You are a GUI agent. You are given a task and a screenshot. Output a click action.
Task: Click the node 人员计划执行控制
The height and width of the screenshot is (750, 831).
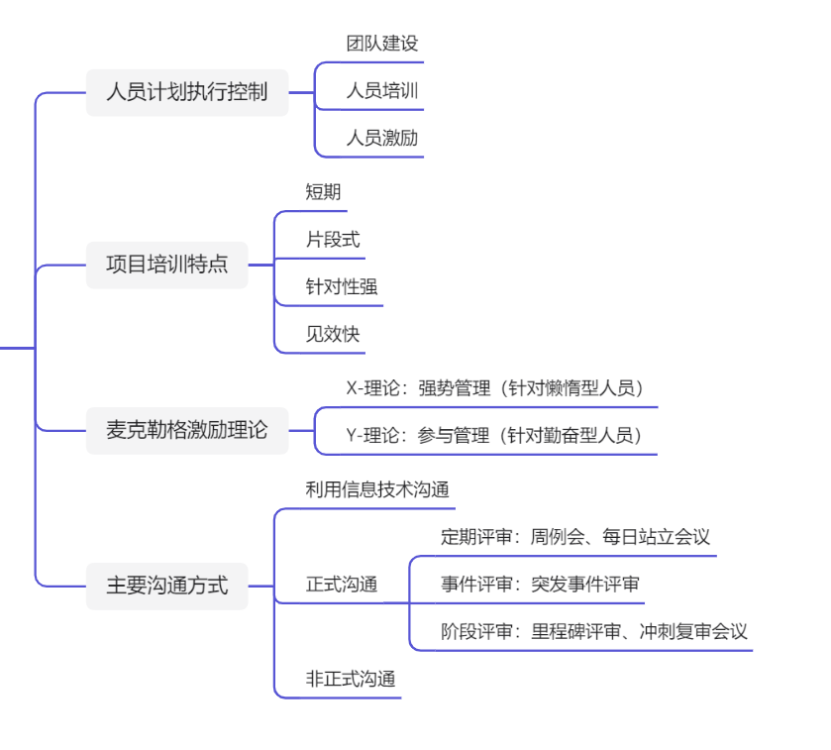click(x=186, y=93)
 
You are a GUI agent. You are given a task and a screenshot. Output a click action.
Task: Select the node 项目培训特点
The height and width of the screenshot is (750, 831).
click(x=166, y=265)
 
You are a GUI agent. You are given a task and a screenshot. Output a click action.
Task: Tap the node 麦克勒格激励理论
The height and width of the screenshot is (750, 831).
click(x=186, y=430)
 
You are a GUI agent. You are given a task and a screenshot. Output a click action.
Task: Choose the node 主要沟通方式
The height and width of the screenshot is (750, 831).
click(x=166, y=586)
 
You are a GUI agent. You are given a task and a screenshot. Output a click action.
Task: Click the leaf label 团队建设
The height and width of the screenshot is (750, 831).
click(x=381, y=44)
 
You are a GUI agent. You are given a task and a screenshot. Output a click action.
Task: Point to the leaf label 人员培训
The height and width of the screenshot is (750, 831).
click(x=381, y=91)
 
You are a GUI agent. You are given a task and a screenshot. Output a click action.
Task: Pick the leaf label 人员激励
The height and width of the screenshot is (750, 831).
click(x=381, y=139)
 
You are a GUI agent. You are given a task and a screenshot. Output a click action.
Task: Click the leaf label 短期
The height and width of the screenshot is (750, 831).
click(x=323, y=192)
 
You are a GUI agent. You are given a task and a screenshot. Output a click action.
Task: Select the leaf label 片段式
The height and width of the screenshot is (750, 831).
click(x=332, y=240)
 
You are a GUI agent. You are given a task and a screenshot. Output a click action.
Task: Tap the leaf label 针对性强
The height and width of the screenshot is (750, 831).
click(x=341, y=287)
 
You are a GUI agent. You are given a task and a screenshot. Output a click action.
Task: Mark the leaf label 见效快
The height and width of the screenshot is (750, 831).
click(x=332, y=335)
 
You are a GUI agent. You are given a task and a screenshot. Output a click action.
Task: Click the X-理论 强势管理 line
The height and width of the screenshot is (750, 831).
click(x=500, y=388)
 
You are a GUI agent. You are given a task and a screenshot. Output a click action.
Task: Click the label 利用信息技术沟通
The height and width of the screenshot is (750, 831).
click(x=377, y=489)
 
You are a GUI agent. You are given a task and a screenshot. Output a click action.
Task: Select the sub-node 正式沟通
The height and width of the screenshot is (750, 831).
click(x=341, y=586)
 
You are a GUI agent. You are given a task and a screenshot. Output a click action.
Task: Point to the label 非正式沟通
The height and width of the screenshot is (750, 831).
click(x=350, y=680)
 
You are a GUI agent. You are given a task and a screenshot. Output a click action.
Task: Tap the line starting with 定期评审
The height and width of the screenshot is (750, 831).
click(x=574, y=538)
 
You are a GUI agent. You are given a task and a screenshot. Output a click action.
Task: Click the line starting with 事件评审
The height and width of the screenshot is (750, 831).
click(x=539, y=585)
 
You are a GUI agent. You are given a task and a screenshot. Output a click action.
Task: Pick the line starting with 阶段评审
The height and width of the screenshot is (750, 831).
click(x=593, y=632)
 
